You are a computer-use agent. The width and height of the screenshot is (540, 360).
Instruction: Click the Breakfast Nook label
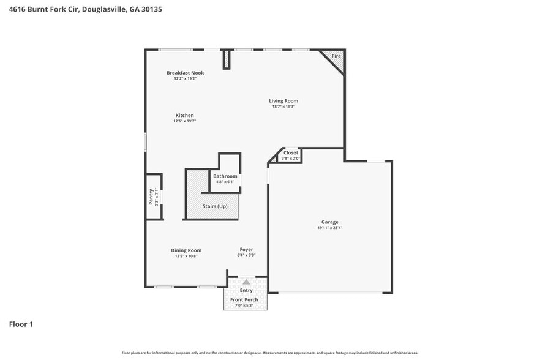point(185,73)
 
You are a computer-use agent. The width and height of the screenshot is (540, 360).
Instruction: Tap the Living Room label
point(284,101)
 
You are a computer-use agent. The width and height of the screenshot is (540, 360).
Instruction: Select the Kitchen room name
point(185,115)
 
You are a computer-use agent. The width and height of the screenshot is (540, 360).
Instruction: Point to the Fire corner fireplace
point(336,57)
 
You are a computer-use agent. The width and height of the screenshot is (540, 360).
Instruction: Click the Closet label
point(291,153)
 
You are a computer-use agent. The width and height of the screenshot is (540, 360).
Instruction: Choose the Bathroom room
point(225,176)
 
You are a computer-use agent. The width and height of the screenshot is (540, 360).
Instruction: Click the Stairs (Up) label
point(215,206)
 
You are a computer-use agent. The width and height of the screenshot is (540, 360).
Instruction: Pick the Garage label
point(330,222)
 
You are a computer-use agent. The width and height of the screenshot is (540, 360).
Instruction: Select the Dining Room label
point(186,250)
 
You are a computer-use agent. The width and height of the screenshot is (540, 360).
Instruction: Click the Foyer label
point(246,249)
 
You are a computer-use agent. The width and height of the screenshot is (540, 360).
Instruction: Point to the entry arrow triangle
point(246,282)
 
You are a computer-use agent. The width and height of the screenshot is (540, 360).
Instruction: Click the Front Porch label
point(244,299)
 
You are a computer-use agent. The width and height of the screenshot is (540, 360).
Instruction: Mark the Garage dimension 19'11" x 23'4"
point(330,228)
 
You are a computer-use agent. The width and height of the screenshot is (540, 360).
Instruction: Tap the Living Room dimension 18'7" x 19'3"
point(284,107)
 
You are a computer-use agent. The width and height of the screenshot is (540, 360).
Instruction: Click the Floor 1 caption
point(21,324)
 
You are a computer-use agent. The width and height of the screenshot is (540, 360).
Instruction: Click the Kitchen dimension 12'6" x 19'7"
point(184,121)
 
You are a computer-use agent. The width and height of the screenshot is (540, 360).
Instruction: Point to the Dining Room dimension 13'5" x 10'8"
point(186,255)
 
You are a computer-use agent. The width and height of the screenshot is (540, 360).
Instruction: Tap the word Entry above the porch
point(246,290)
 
